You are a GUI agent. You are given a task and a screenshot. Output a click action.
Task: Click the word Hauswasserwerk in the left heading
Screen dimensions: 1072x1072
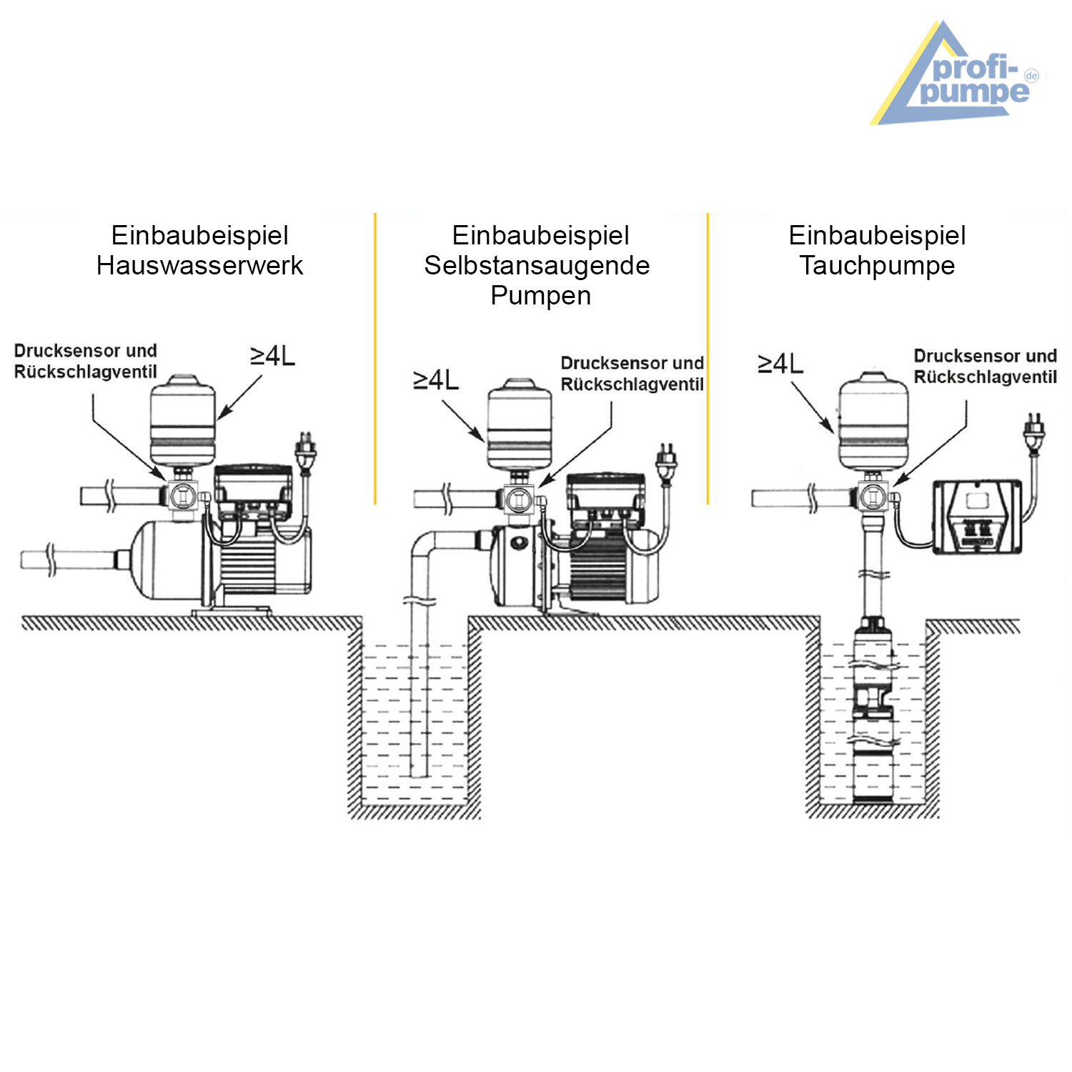click(x=199, y=266)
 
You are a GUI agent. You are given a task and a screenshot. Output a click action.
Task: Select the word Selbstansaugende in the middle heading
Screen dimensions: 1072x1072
click(x=537, y=266)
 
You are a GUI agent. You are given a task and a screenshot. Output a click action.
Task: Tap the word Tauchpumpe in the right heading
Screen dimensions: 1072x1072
click(x=877, y=266)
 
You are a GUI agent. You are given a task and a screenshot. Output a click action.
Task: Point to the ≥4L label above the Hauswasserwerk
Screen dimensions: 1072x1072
click(x=272, y=356)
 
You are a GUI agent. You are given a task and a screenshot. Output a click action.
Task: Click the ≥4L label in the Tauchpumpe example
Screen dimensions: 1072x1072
click(x=780, y=364)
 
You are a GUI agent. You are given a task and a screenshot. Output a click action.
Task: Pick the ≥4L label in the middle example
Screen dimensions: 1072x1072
click(x=436, y=380)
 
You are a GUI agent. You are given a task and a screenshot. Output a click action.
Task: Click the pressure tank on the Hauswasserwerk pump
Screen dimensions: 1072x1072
click(x=182, y=422)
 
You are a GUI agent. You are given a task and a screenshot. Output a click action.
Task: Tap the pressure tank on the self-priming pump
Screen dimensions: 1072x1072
click(x=520, y=427)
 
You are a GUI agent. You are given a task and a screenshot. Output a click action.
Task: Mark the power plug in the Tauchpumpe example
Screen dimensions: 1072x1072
click(x=1034, y=432)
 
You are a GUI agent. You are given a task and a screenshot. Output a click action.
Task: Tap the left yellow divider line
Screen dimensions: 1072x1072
click(x=375, y=357)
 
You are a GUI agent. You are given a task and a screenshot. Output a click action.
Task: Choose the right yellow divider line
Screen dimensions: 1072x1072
click(x=708, y=357)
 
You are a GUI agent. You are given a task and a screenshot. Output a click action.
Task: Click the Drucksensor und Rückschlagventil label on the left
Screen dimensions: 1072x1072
click(x=85, y=361)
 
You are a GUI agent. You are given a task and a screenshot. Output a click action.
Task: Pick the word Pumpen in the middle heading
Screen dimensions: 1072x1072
click(x=540, y=296)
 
